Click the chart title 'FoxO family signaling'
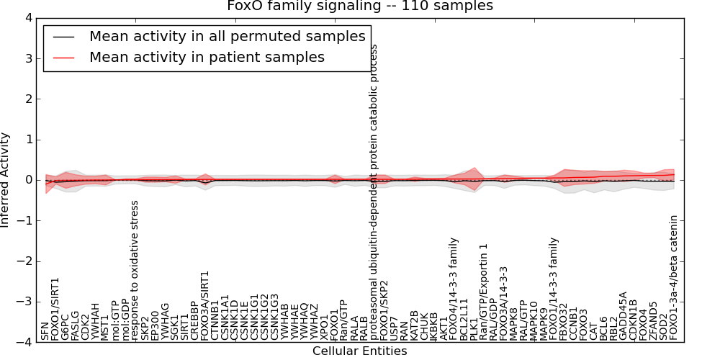pyautogui.click(x=360, y=6)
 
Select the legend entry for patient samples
pyautogui.click(x=207, y=57)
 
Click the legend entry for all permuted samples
pyautogui.click(x=227, y=37)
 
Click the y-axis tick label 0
pyautogui.click(x=28, y=180)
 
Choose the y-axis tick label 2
pyautogui.click(x=28, y=99)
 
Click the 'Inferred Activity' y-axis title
pyautogui.click(x=6, y=180)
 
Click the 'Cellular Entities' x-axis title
pyautogui.click(x=359, y=351)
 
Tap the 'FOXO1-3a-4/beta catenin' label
pyautogui.click(x=673, y=277)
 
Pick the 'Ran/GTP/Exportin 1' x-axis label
pyautogui.click(x=484, y=291)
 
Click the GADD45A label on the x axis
pyautogui.click(x=624, y=315)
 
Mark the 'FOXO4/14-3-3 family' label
pyautogui.click(x=454, y=288)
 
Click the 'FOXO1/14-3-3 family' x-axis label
pyautogui.click(x=554, y=288)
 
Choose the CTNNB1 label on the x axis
pyautogui.click(x=215, y=321)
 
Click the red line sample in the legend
pyautogui.click(x=63, y=57)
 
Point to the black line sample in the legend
pyautogui.click(x=63, y=37)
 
